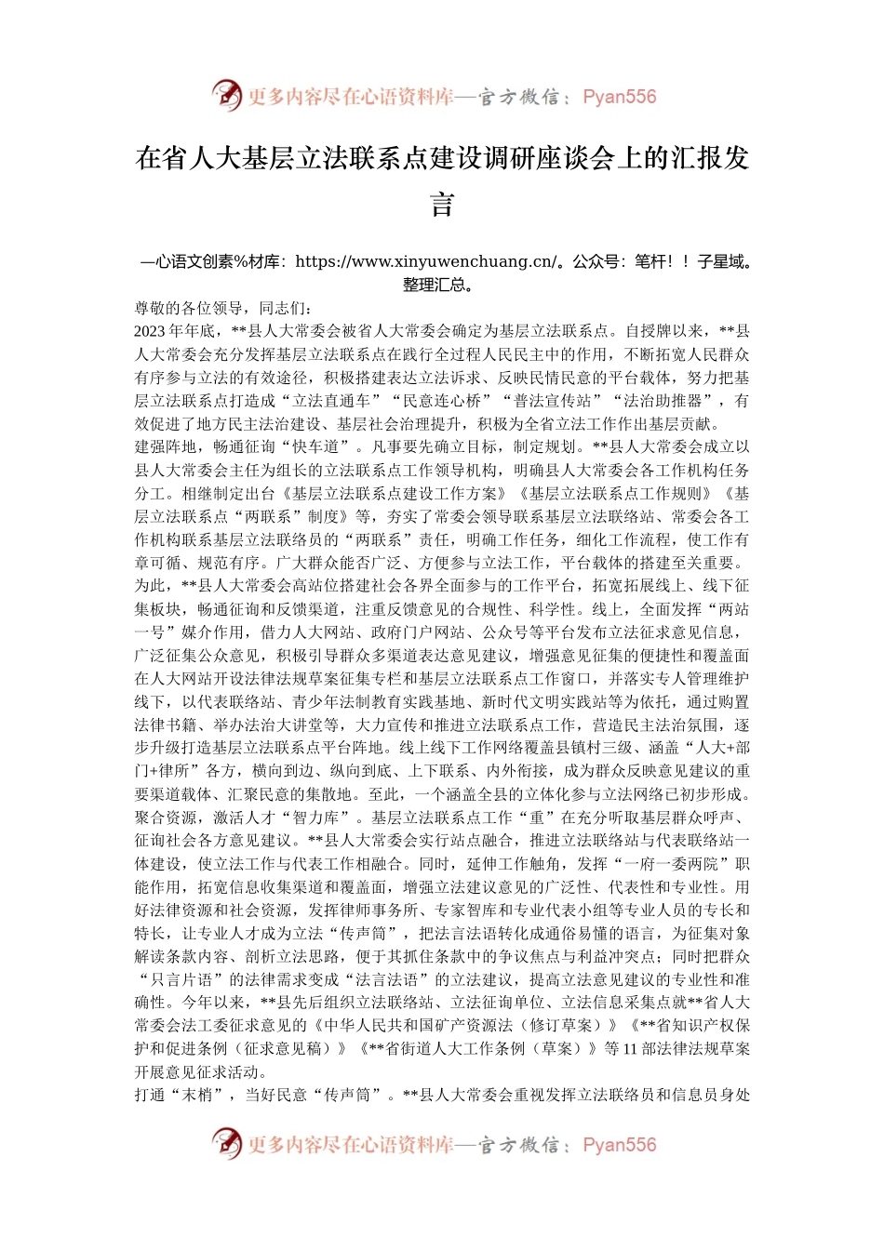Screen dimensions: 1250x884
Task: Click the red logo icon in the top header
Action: [226, 96]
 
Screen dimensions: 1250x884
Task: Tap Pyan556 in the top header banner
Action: [619, 97]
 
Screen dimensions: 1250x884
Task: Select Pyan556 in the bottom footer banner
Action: [619, 1145]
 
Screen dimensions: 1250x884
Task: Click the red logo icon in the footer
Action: [226, 1144]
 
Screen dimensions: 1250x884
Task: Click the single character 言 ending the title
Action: [442, 205]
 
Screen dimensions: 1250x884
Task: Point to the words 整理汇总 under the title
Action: [437, 285]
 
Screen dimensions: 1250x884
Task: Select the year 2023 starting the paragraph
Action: [150, 331]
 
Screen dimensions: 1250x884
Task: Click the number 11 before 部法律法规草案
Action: [630, 1049]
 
